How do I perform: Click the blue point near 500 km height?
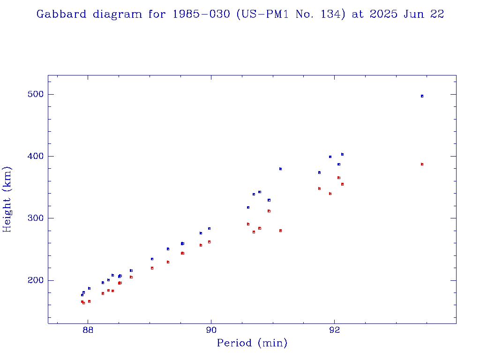point(422,96)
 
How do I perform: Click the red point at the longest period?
point(422,165)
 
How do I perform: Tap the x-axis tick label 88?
point(88,330)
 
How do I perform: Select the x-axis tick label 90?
point(211,330)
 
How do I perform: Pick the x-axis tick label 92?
point(334,330)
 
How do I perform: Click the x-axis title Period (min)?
point(252,344)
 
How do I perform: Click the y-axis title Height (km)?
point(7,199)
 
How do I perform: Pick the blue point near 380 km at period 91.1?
point(280,169)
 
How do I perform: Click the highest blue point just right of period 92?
point(342,154)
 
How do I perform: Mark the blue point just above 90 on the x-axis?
point(209,229)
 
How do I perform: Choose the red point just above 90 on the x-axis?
point(209,242)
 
